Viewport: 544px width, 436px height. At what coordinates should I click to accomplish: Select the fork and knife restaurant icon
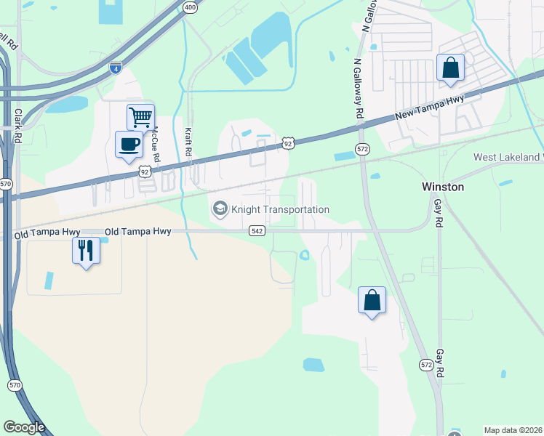(86, 250)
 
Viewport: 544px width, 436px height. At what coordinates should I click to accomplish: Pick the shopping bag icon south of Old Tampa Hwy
(372, 299)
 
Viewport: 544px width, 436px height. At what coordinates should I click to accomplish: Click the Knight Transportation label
(280, 209)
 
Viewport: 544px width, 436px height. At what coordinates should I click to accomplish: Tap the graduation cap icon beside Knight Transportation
(219, 209)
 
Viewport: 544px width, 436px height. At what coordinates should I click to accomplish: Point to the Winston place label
(443, 187)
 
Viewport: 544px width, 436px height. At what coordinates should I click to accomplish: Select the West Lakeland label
(508, 157)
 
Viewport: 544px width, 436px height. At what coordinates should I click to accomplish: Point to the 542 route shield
(256, 230)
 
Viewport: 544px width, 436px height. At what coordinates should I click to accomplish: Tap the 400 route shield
(190, 7)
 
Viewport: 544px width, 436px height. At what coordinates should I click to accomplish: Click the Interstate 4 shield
(116, 68)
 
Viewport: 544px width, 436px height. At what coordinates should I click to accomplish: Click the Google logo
(24, 427)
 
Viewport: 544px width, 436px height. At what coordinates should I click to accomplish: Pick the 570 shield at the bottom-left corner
(15, 384)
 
